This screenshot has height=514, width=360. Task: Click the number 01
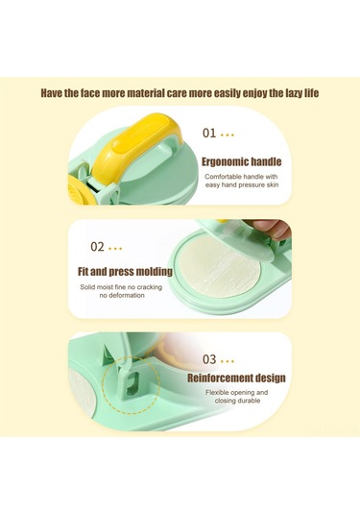point(209,134)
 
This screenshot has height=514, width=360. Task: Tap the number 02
point(97,247)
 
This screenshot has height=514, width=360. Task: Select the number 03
point(209,359)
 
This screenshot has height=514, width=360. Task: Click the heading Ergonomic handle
point(241,161)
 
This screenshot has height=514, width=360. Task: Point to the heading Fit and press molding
point(125,272)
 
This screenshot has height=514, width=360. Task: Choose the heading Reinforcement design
point(236,378)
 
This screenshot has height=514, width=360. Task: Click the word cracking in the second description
point(150,287)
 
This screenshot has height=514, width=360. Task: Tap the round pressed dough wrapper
point(220,267)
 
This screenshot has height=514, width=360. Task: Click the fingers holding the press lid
point(269,227)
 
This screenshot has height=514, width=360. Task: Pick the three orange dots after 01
point(228,135)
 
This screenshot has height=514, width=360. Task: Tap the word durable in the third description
point(249,401)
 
